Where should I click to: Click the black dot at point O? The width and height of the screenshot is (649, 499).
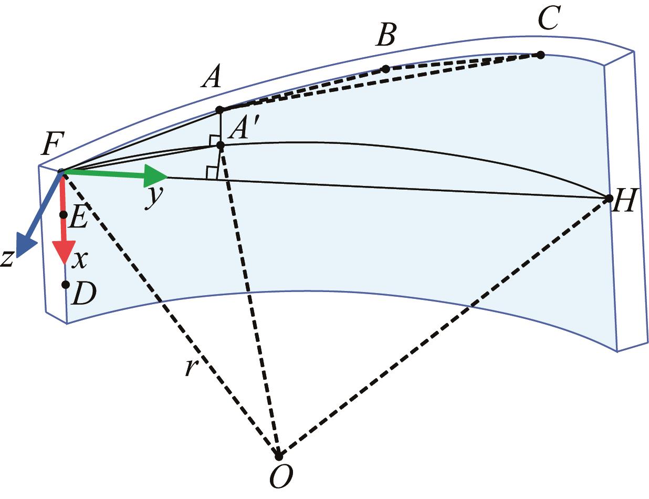(279, 455)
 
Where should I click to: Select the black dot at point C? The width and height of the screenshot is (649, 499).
(540, 55)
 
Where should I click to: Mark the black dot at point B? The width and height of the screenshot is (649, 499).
(385, 69)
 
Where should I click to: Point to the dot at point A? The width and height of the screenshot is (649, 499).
(220, 110)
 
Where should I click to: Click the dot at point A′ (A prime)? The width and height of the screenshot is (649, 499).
(221, 144)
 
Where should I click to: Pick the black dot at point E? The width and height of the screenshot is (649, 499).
(64, 214)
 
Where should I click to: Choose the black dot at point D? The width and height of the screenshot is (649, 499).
(65, 285)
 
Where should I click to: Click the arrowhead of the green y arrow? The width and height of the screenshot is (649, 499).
(157, 175)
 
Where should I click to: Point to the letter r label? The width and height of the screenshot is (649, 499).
(190, 368)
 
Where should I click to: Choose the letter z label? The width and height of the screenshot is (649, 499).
(7, 258)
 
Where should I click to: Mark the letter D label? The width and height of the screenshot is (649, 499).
(84, 296)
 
